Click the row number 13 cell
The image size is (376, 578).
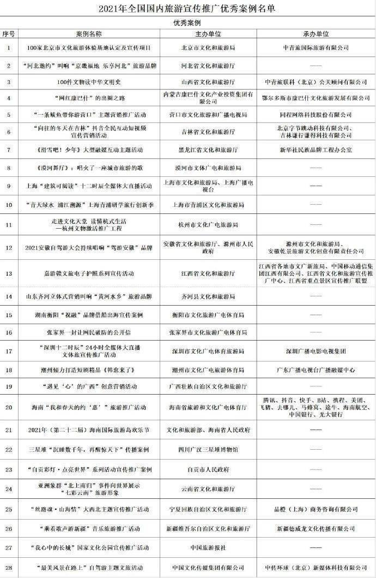(8, 273)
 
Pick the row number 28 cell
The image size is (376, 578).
(8, 567)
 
